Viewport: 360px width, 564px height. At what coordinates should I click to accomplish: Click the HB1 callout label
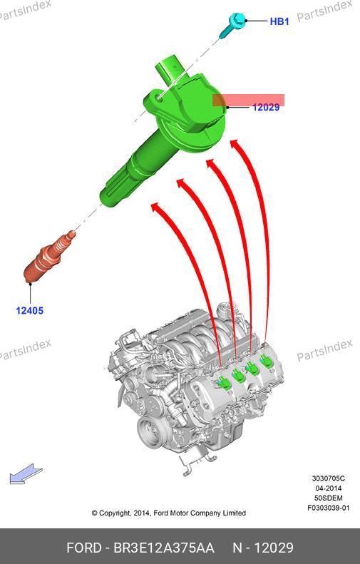279,21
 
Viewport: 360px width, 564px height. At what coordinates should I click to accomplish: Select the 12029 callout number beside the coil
266,107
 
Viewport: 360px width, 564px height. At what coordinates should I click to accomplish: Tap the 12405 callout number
29,310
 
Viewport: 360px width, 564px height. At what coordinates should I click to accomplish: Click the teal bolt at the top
232,24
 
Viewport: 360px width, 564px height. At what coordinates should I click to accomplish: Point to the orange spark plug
49,257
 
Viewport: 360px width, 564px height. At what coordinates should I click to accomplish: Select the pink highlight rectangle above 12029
248,101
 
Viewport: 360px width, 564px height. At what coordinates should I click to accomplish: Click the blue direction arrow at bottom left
26,474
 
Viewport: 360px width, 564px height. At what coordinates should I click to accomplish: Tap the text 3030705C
328,478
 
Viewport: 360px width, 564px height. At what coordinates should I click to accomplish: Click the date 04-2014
329,488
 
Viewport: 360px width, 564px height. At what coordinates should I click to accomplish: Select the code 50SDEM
329,498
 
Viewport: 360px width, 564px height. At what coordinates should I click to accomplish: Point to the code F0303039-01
328,508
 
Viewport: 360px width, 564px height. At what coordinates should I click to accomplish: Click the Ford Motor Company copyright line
169,513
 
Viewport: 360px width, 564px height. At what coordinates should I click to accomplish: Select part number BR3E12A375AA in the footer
164,548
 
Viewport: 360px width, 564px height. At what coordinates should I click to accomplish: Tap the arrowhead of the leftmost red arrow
156,207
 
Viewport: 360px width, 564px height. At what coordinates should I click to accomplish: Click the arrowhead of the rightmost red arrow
235,143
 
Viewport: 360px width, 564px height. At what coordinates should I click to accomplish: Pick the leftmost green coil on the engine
224,382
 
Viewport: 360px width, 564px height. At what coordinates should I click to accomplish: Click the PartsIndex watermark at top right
324,11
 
